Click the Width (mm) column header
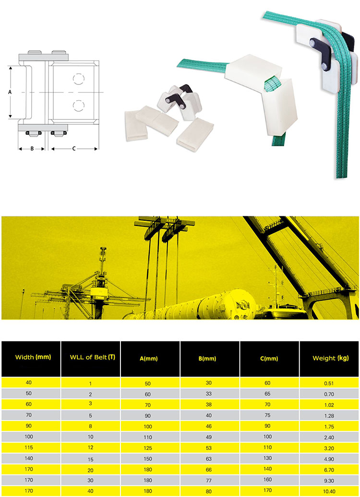click(x=33, y=357)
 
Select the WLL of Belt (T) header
click(x=92, y=357)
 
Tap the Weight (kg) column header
click(x=331, y=358)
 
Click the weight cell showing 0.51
click(x=329, y=383)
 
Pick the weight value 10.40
click(x=329, y=491)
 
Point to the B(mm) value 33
click(x=209, y=394)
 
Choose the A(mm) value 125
click(x=148, y=448)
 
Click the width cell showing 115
click(x=29, y=447)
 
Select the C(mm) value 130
click(x=268, y=458)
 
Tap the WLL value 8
click(x=90, y=426)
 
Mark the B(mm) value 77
click(x=209, y=481)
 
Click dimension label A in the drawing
click(x=10, y=92)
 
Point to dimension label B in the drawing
click(x=32, y=148)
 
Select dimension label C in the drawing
click(x=73, y=148)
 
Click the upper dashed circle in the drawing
click(x=78, y=79)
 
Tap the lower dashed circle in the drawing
click(x=78, y=106)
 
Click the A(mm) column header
click(x=149, y=358)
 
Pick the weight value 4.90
click(x=329, y=459)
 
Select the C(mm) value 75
click(x=268, y=415)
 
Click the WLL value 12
click(x=90, y=447)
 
